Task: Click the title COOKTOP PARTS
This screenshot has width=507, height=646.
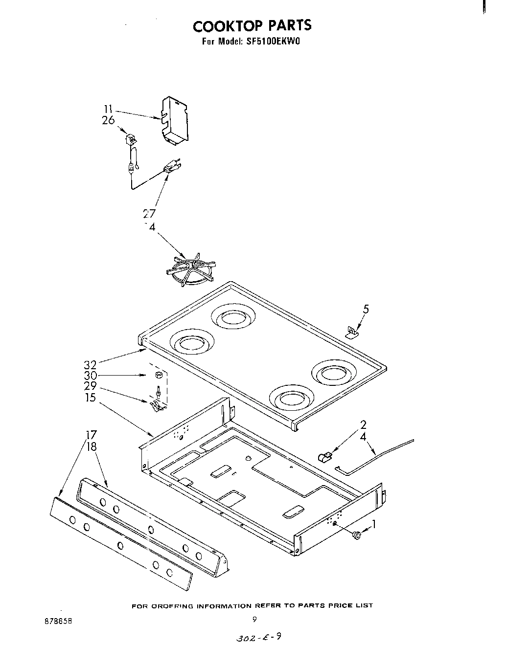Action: point(252,25)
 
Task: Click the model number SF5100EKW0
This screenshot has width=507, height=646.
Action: point(272,42)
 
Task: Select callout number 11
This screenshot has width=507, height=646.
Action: point(109,110)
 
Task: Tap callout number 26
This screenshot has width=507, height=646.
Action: point(108,120)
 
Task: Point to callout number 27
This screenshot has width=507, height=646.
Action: point(149,213)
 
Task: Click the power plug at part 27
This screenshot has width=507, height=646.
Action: point(169,168)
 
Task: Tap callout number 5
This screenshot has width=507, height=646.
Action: point(366,309)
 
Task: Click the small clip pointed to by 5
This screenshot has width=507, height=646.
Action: point(351,333)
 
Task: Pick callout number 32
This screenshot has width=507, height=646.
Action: point(91,364)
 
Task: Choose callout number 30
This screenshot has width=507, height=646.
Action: point(91,376)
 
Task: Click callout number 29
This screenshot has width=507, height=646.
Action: point(91,386)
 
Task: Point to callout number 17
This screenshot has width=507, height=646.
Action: point(91,435)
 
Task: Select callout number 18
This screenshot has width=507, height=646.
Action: point(91,446)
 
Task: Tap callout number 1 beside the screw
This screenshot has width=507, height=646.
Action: point(374,525)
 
